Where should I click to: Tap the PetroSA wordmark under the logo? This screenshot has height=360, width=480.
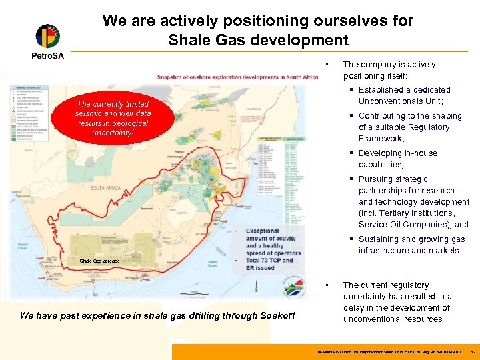(x=47, y=56)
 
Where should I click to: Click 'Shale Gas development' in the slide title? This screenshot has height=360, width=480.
(x=258, y=40)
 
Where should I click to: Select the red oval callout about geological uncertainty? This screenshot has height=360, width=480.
(x=113, y=119)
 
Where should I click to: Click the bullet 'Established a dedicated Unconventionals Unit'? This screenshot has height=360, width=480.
(x=404, y=95)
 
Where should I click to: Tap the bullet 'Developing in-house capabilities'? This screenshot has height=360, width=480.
(x=397, y=159)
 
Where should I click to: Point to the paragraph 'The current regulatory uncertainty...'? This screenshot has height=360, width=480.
(x=397, y=302)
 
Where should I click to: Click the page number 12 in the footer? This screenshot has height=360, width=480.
(x=472, y=351)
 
